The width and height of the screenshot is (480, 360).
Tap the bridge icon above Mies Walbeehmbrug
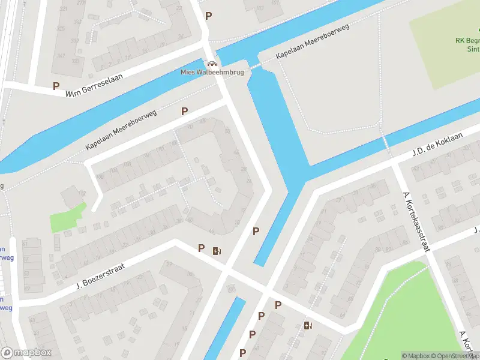tap(211, 63)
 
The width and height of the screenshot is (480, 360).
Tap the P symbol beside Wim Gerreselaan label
tap(56, 86)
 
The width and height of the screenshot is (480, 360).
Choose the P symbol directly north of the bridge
tap(208, 16)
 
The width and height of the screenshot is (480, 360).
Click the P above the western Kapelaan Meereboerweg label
tap(184, 111)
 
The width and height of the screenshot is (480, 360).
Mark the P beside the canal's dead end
tap(256, 231)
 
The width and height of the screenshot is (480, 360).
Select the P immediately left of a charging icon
tap(201, 248)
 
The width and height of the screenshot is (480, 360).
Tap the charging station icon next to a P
tap(216, 251)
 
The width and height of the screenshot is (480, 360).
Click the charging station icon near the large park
tap(308, 326)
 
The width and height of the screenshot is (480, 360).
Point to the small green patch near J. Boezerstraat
tap(67, 217)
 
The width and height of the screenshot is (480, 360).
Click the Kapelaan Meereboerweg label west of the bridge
tap(121, 130)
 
